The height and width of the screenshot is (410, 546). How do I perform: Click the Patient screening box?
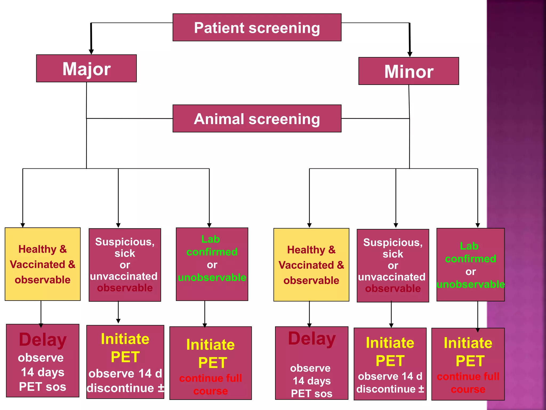coord(257,27)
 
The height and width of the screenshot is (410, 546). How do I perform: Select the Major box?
coord(86,69)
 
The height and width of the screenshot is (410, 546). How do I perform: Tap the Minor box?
coord(408,71)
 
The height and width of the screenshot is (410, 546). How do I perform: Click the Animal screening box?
coord(257,119)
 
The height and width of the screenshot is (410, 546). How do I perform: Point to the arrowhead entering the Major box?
coord(91,52)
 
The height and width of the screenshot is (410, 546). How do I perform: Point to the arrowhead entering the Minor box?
coord(410,54)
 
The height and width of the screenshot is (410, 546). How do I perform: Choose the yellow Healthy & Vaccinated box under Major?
coord(43,264)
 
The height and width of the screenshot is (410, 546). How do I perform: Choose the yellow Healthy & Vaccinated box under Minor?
coord(311,265)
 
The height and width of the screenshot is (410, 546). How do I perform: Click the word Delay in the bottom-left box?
coord(43,340)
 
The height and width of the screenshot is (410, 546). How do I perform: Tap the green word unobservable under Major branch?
coord(212,278)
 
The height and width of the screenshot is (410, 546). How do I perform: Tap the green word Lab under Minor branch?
coord(469,246)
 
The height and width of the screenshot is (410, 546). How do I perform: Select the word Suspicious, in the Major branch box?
coord(125,242)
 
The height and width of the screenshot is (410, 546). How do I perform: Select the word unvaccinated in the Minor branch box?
coord(392,277)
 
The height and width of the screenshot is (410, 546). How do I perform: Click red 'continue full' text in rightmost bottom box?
coord(468,377)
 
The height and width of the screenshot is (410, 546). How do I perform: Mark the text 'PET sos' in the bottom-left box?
coord(43,387)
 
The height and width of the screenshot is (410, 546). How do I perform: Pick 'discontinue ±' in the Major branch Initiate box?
coord(125,388)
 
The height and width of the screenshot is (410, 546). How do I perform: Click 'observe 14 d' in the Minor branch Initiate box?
coord(390,376)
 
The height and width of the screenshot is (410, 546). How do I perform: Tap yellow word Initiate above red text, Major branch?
coord(210,345)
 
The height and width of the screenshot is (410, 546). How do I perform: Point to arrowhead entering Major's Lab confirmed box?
coord(209,225)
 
